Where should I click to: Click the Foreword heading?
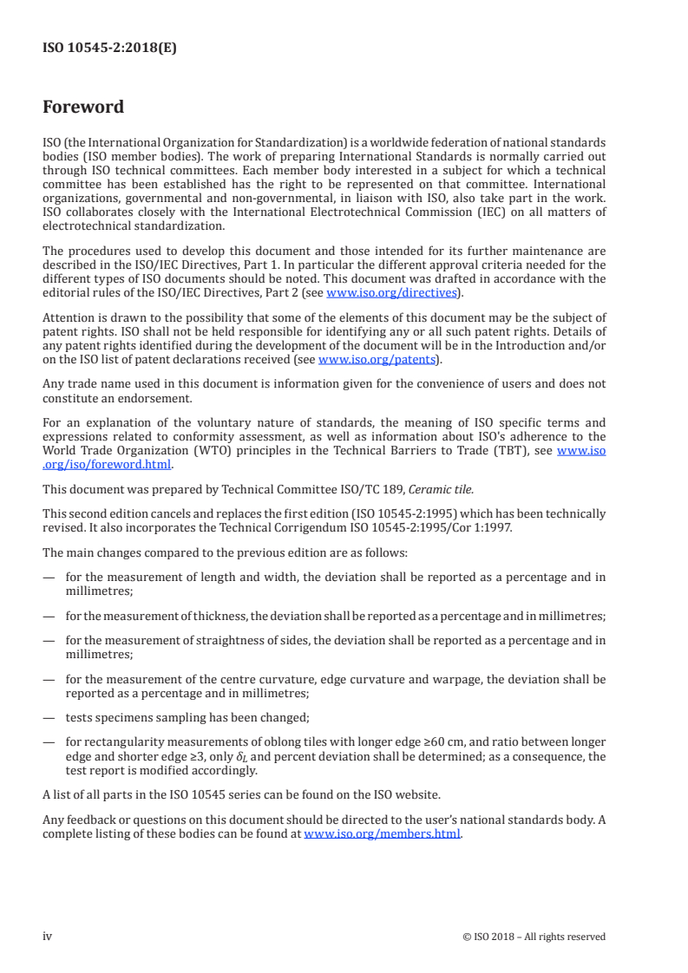tap(83, 108)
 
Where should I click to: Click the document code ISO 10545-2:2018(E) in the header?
tap(109, 49)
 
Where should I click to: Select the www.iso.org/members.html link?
tap(382, 834)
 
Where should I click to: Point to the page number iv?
tap(48, 936)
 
